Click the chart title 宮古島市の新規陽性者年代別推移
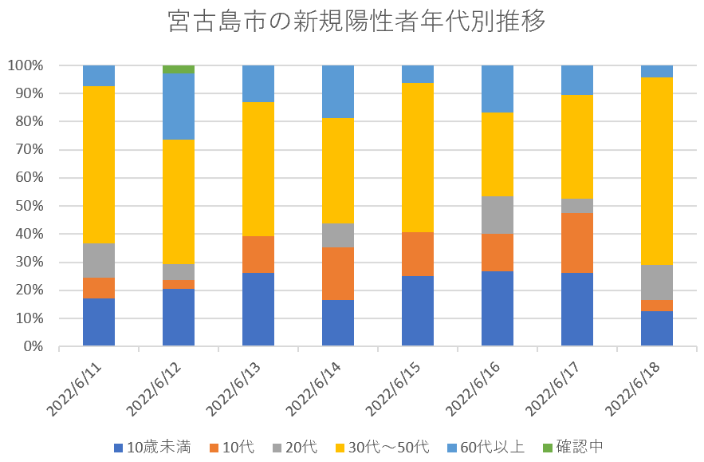(357, 22)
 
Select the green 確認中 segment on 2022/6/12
(179, 69)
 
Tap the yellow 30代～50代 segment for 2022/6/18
(657, 171)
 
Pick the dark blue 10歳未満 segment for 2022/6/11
(99, 322)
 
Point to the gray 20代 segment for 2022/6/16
(498, 215)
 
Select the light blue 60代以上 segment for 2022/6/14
(338, 92)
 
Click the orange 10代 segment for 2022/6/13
(258, 255)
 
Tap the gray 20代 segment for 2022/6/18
(657, 282)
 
